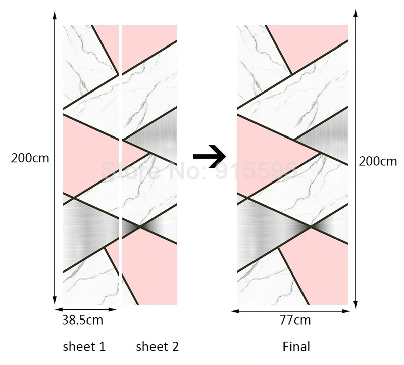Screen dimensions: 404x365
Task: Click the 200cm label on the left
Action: click(x=30, y=158)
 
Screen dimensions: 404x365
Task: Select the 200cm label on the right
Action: click(x=378, y=162)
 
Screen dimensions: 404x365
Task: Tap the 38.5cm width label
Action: click(x=82, y=321)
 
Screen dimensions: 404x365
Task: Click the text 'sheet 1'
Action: click(x=84, y=347)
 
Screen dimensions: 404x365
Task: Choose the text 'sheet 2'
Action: click(x=158, y=347)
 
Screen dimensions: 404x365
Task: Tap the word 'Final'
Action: click(x=296, y=347)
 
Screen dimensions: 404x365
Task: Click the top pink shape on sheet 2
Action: click(x=149, y=40)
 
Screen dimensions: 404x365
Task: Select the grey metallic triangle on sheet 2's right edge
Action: click(x=159, y=134)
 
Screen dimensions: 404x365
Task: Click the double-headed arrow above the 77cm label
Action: click(x=292, y=311)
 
